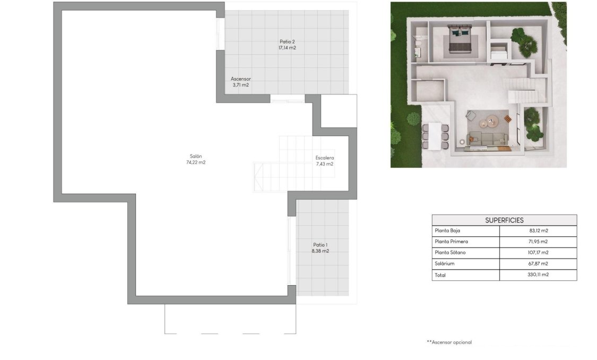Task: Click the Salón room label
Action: (x=196, y=156)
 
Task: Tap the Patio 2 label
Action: (x=287, y=41)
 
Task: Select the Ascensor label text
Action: (x=240, y=79)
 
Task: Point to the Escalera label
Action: (x=324, y=158)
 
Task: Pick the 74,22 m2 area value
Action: (x=196, y=162)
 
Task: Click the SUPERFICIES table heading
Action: (x=504, y=220)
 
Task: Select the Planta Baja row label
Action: (x=447, y=231)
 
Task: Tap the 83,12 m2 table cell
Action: (x=538, y=231)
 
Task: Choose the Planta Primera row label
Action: (x=451, y=242)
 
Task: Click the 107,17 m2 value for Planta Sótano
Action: (x=538, y=253)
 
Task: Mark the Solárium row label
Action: (x=444, y=263)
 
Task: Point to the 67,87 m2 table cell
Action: (x=538, y=263)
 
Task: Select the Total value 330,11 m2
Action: (x=538, y=275)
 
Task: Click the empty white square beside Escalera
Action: (x=339, y=111)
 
